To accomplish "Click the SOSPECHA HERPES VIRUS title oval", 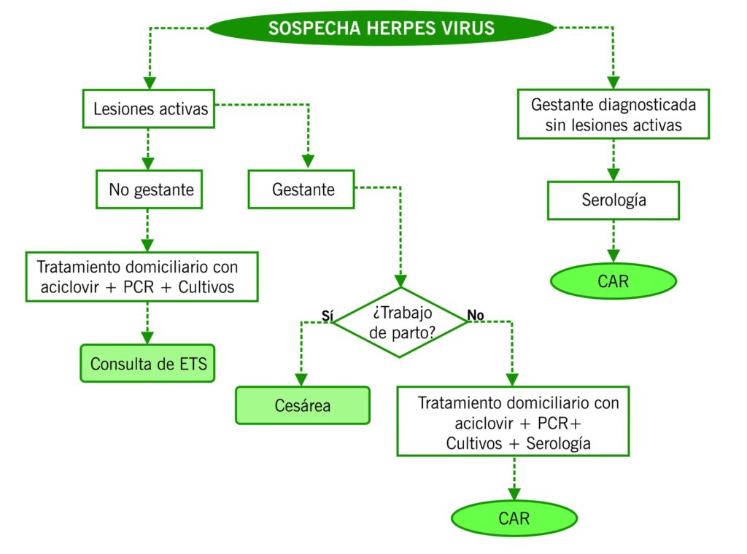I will (381, 28).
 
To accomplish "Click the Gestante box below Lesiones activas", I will (302, 190).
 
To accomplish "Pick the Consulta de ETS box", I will (148, 363).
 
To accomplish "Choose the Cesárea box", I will (302, 405).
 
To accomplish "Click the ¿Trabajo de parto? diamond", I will (400, 322).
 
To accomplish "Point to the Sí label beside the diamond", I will (328, 314).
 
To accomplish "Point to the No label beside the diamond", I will (475, 315).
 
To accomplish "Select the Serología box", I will (614, 200).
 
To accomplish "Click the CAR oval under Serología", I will (614, 281).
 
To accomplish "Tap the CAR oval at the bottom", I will (514, 518).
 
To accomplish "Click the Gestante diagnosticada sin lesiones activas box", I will (614, 114).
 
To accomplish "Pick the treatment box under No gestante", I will (142, 276).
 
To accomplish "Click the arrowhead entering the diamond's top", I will (400, 281).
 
